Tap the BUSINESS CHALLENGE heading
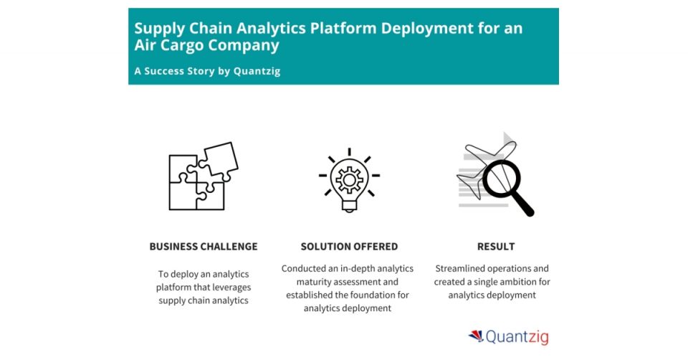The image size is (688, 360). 204,247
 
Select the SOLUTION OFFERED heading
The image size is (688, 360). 349,247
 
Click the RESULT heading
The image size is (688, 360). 496,247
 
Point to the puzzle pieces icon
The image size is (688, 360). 201,177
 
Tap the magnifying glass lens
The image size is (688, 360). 502,178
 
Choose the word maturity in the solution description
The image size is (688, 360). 311,281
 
